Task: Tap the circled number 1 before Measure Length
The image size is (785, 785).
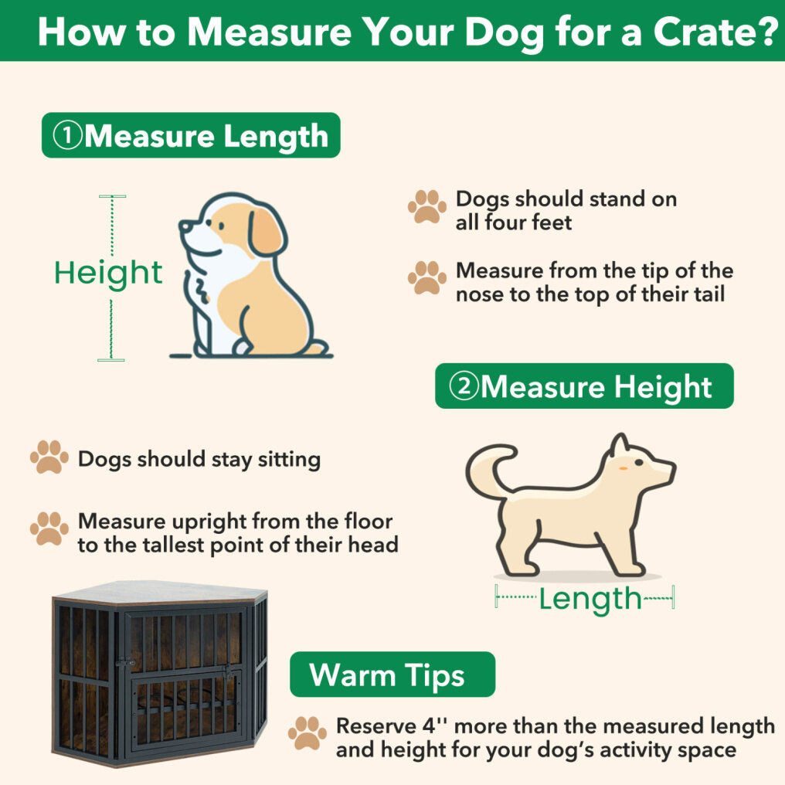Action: [x=67, y=135]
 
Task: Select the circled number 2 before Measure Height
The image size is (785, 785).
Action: [x=464, y=386]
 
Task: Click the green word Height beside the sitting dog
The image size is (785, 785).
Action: [x=108, y=274]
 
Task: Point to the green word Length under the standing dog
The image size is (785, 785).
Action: [x=590, y=600]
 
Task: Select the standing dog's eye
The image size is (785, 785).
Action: [x=638, y=463]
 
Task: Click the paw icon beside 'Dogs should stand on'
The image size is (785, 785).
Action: [x=427, y=206]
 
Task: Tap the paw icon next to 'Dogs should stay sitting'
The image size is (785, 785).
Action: [x=49, y=457]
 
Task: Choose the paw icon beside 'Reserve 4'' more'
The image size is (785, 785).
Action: [x=307, y=733]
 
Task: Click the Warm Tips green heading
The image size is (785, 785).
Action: [x=392, y=675]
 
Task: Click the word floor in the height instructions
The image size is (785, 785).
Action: [x=369, y=522]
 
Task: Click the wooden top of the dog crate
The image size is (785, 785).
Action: [x=160, y=593]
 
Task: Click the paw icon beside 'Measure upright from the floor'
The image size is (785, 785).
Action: [x=49, y=528]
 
